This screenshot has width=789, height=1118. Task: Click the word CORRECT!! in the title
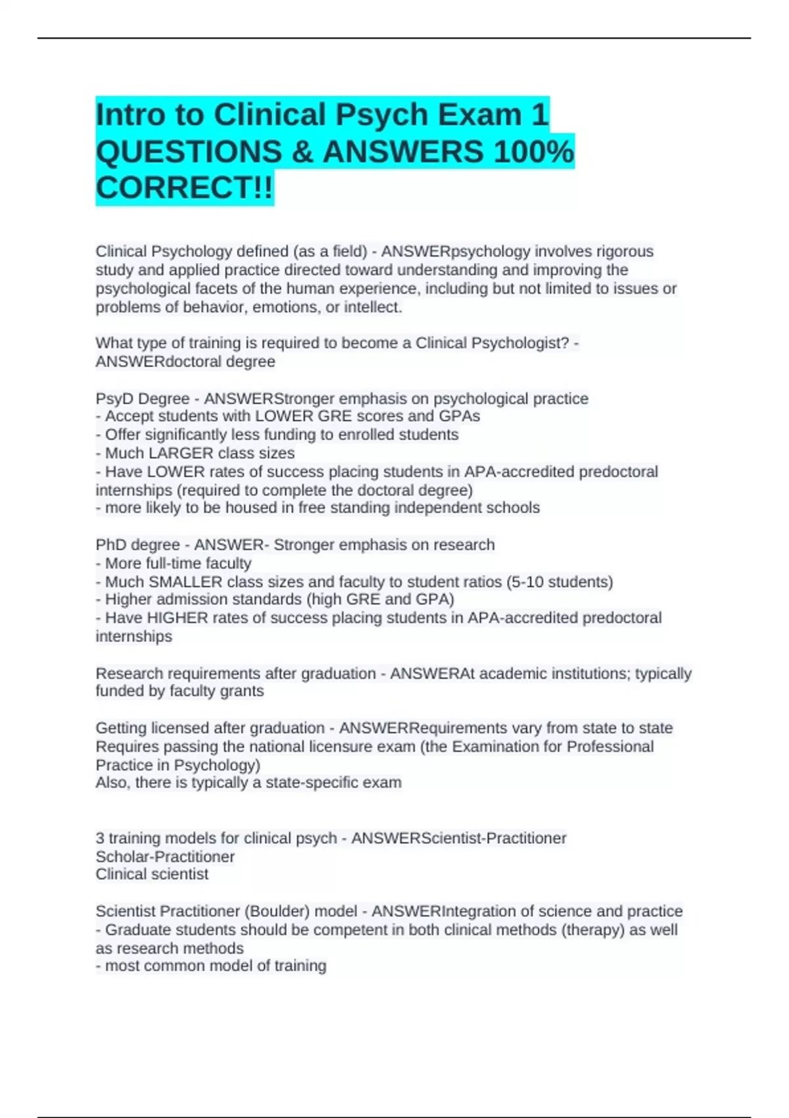184,188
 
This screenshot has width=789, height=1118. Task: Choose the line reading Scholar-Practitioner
165,856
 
